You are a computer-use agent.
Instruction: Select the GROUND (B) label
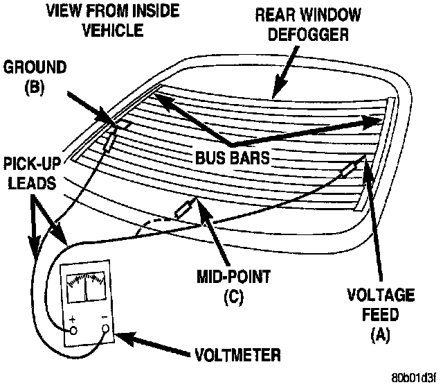31,77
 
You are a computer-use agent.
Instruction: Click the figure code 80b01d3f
415,379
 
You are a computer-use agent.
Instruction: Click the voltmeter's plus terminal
72,331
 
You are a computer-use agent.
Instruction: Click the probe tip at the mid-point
186,209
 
